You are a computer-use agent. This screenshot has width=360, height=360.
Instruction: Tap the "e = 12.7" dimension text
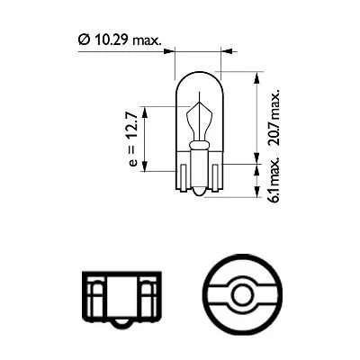pos(131,139)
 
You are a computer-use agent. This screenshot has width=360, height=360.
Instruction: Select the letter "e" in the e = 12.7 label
pos(131,162)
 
